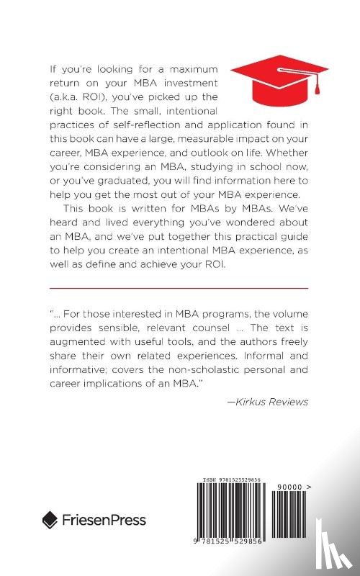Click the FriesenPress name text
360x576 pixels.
coord(104,520)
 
